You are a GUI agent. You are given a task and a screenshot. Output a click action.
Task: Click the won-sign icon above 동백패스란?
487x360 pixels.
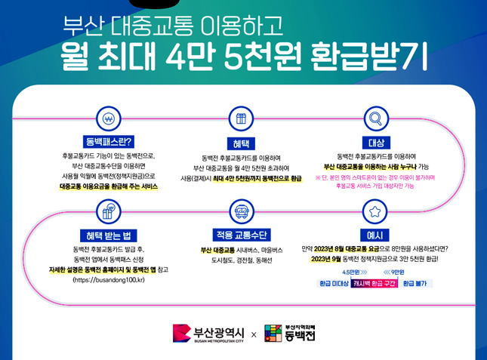pos(109,119)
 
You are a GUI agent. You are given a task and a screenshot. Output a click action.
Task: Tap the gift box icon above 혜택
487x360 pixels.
pos(241,119)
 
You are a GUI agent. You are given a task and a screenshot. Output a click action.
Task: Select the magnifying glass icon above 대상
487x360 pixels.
pos(374,119)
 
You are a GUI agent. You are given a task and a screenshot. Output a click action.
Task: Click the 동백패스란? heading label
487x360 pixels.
pos(109,141)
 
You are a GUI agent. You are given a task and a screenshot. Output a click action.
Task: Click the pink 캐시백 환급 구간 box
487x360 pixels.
pos(374,284)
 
